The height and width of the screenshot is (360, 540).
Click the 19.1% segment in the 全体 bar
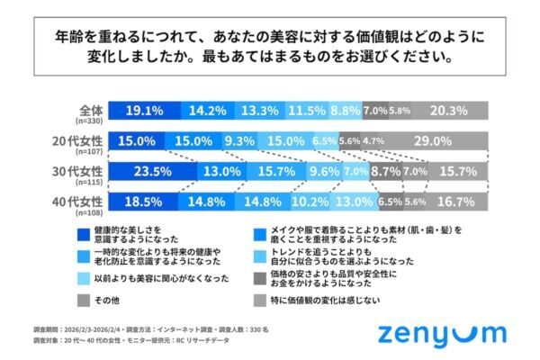(x=143, y=111)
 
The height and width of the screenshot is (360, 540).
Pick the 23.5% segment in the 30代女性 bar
(x=152, y=170)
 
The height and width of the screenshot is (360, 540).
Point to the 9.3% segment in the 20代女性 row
(x=239, y=140)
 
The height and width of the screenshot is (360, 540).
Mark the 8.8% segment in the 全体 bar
(x=345, y=111)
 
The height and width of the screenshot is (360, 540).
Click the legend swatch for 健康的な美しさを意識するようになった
(x=83, y=232)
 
